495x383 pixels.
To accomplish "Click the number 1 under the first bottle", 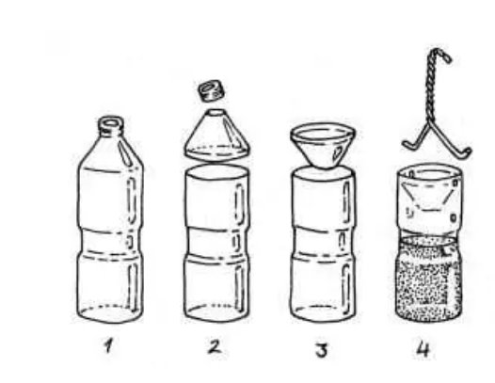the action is point(109,344).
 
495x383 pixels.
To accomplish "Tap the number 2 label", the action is point(215,346).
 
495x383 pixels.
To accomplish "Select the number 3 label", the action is point(322,350).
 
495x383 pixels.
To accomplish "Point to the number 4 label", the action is point(423,349).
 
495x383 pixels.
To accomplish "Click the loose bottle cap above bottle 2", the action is point(212,90).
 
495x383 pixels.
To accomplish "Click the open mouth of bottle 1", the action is point(110,122).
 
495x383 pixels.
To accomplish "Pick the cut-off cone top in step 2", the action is point(216,136).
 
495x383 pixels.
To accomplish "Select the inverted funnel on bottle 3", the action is point(323,145).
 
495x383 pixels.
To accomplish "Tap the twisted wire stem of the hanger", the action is point(431,88).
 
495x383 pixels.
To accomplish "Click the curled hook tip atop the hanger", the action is point(443,55).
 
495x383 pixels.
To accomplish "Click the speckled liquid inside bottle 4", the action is point(429,278).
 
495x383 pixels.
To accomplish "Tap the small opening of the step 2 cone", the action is point(216,112).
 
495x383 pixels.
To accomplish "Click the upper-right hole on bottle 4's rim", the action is point(455,183).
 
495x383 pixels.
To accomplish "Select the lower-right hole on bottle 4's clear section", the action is point(454,217).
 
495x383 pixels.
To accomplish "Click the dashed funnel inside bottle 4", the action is point(428,197).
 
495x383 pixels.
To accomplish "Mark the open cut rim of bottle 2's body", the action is point(216,172).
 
